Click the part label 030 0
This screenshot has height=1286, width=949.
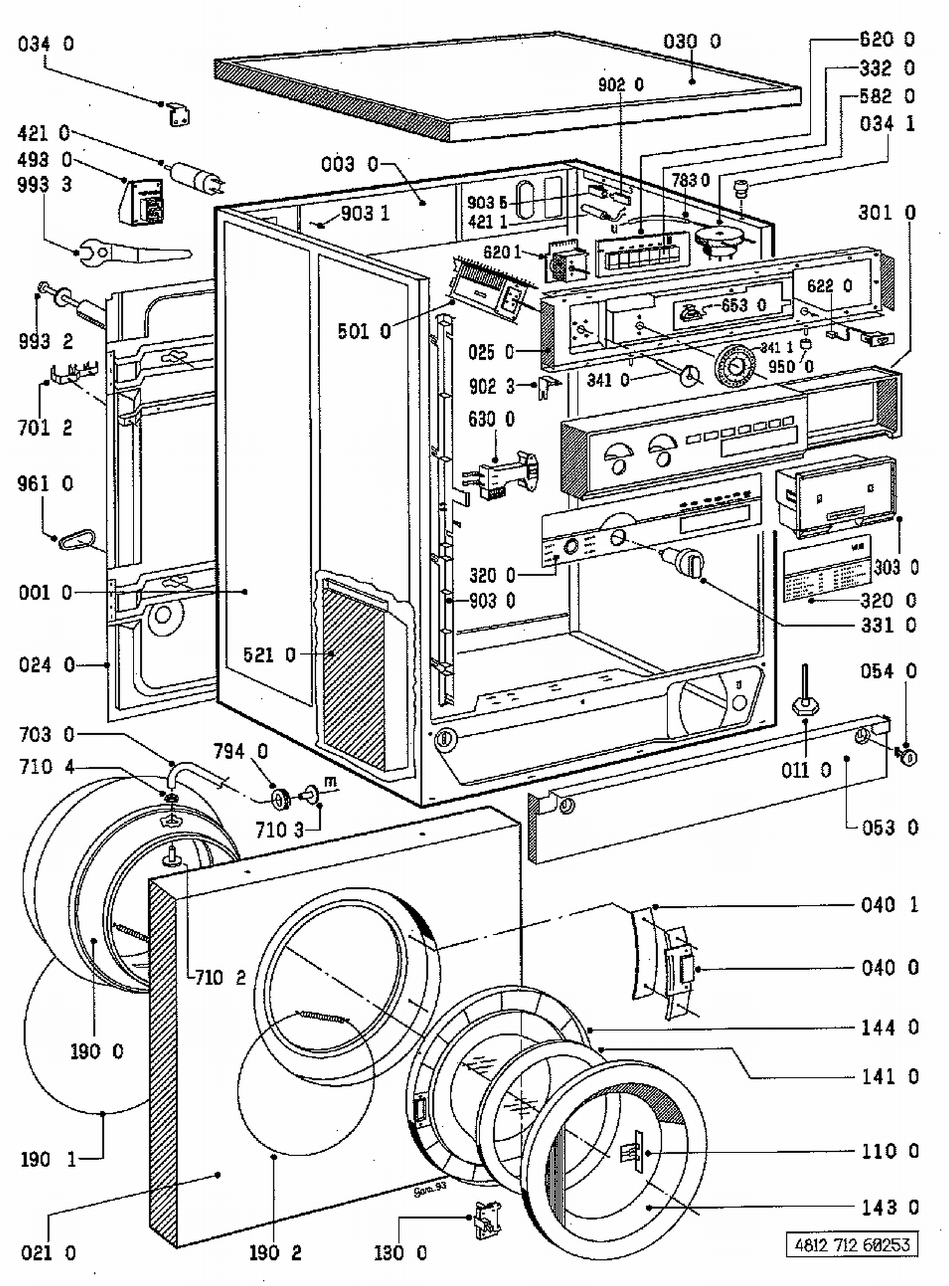[692, 42]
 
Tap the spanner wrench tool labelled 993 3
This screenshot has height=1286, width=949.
[133, 253]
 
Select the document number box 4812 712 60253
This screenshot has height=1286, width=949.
[852, 1245]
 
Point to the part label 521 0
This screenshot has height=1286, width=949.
[270, 655]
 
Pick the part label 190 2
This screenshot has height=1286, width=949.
[275, 1252]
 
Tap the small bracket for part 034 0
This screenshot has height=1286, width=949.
[179, 115]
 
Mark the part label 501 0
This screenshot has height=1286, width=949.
[364, 331]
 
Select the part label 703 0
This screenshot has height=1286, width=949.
[46, 734]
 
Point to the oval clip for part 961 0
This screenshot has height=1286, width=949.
[77, 540]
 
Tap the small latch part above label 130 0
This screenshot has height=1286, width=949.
[485, 1218]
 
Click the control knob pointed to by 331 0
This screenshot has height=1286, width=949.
[688, 560]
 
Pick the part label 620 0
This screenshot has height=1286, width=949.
[886, 39]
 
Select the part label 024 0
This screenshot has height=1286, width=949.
[46, 665]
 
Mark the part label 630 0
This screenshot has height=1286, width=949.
[492, 419]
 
